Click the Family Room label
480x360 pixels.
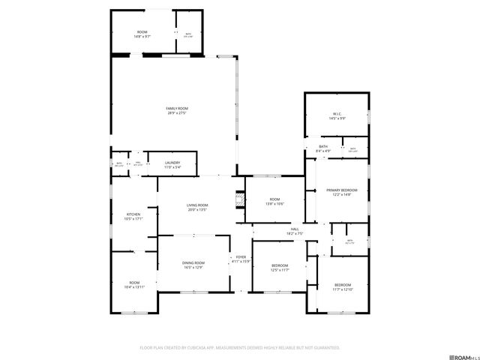(x=177, y=109)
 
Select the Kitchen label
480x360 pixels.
(x=133, y=214)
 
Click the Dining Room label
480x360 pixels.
(x=193, y=262)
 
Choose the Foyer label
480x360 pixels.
(x=241, y=256)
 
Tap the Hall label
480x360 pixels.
(x=294, y=229)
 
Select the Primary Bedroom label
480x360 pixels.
(x=341, y=190)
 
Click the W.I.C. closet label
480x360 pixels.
(x=337, y=114)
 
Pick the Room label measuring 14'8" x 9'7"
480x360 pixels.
(x=142, y=31)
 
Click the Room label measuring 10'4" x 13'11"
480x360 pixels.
(x=133, y=283)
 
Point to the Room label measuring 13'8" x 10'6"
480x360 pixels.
(x=274, y=199)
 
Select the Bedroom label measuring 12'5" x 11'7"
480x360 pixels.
(x=279, y=266)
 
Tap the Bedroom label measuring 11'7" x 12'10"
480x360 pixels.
(x=342, y=285)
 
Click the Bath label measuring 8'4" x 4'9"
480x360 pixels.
(x=323, y=146)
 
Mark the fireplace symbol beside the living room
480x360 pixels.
(x=241, y=200)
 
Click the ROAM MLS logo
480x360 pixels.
(x=458, y=351)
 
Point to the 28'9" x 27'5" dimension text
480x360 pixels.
(x=177, y=113)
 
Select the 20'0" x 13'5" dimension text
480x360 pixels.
(x=198, y=210)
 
